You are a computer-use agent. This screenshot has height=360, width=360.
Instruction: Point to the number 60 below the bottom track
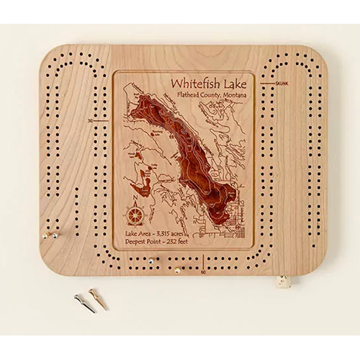[204, 272]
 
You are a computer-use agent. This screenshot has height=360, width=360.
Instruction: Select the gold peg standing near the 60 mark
[177, 271]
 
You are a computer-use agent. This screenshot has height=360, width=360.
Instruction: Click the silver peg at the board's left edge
[46, 235]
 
